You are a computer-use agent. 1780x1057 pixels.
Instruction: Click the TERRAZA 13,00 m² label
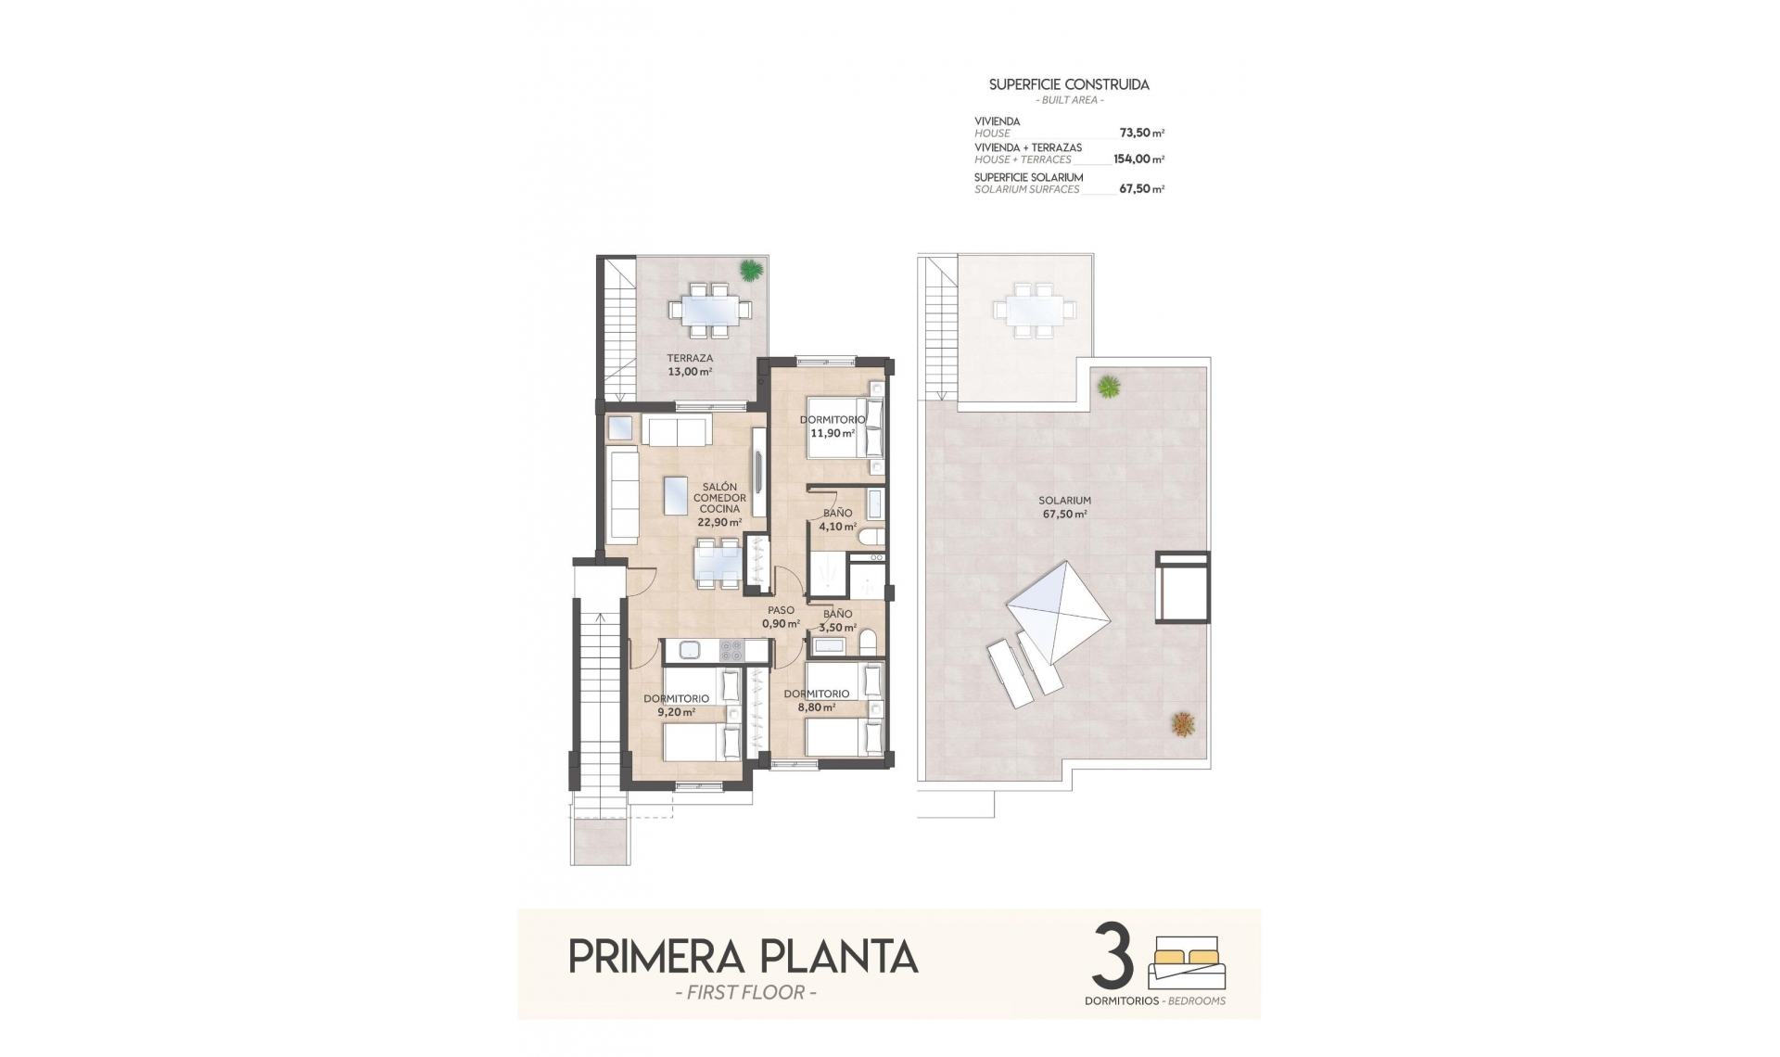point(690,364)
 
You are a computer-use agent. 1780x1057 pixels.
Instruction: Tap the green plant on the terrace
point(750,270)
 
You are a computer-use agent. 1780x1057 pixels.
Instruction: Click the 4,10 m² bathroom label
point(837,519)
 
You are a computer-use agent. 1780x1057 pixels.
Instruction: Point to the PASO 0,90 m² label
point(781,617)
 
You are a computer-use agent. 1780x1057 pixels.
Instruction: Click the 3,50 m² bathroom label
point(837,620)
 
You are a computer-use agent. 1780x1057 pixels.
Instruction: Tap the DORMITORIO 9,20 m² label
point(676,706)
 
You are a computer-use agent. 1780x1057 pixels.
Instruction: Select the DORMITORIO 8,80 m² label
point(816,700)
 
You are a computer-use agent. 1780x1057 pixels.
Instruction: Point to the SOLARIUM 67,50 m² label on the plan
point(1064,506)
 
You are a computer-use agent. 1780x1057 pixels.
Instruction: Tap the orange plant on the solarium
point(1181,723)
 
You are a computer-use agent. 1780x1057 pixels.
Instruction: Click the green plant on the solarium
point(1108,386)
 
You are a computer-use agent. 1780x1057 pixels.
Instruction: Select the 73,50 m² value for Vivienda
point(1141,133)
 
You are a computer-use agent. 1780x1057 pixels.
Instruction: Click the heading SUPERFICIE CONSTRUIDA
point(1069,84)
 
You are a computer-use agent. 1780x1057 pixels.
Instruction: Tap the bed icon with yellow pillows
point(1187,964)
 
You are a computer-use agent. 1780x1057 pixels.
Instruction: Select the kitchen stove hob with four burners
point(731,651)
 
